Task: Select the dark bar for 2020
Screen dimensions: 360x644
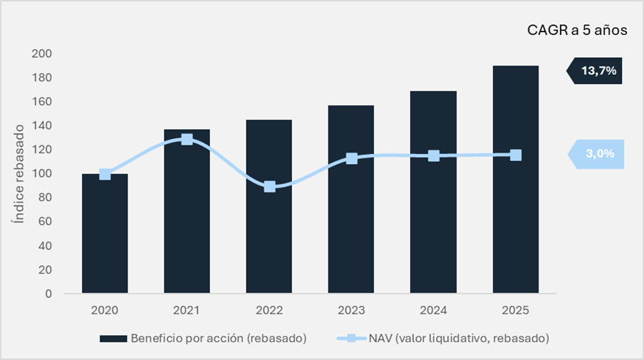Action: pos(105,235)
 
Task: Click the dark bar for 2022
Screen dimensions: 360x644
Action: pos(269,235)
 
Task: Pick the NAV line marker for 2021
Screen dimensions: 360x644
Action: pos(187,140)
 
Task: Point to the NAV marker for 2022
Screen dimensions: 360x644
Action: pos(269,187)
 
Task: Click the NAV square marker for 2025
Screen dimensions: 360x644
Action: pos(515,155)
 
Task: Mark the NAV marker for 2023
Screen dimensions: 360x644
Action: pos(351,158)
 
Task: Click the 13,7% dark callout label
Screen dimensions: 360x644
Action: pos(597,71)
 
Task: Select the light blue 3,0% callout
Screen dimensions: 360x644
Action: pos(597,155)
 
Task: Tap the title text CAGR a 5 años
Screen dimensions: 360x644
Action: pos(576,31)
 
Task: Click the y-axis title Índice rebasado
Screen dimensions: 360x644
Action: pos(19,174)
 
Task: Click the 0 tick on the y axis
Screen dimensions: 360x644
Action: pos(48,293)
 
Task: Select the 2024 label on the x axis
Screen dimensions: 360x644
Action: pos(433,310)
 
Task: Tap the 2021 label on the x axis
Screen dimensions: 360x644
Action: pos(187,310)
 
